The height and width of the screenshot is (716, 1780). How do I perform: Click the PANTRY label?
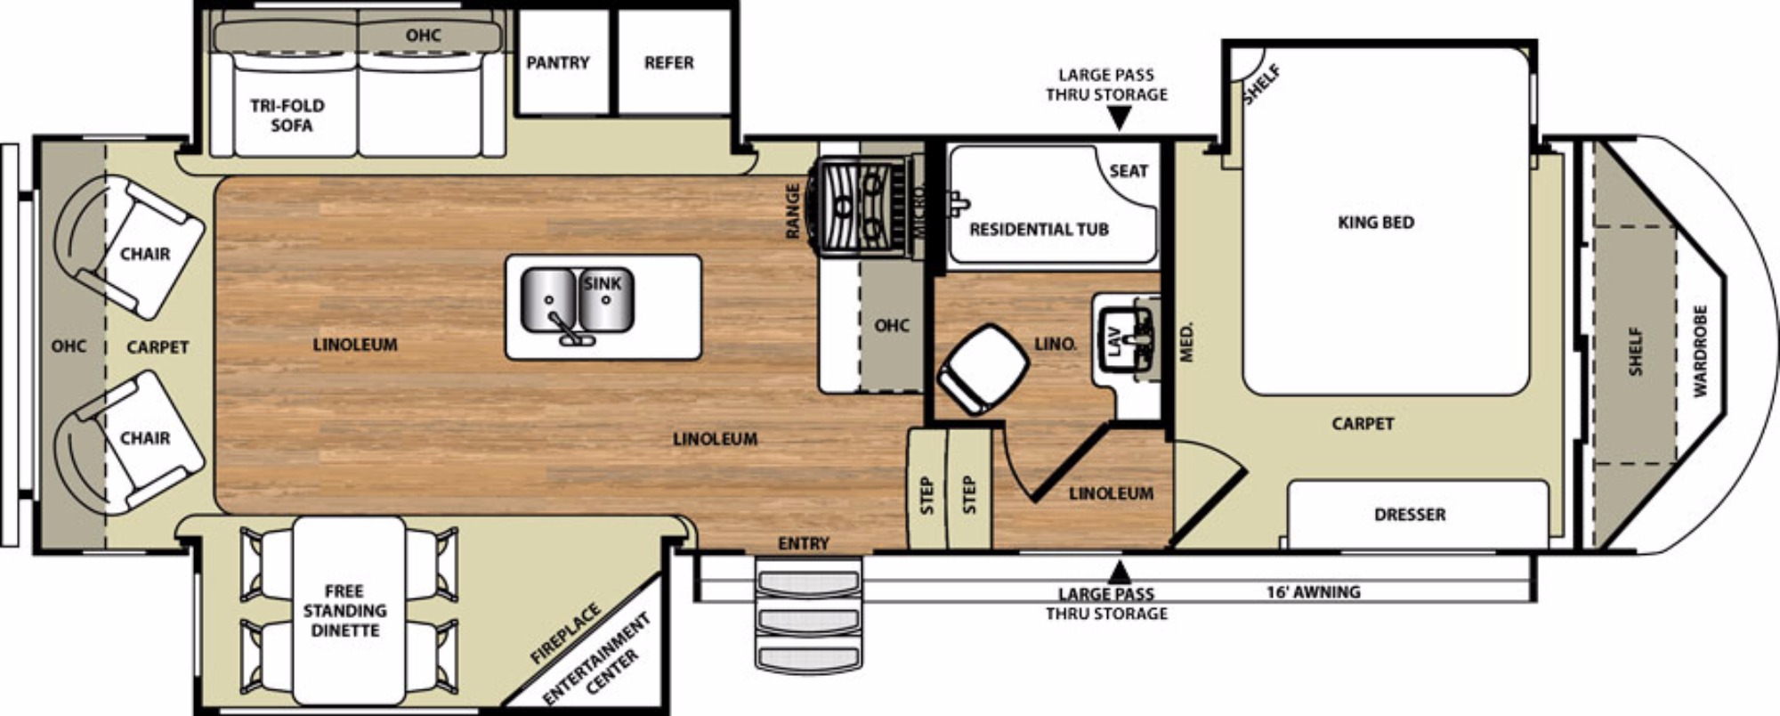tap(558, 62)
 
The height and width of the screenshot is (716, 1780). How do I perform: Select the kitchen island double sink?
tap(577, 302)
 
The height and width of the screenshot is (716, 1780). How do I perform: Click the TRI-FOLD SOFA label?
tap(287, 116)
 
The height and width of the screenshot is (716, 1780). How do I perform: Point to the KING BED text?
tap(1376, 222)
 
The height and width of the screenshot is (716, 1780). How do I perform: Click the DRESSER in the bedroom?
tap(1418, 514)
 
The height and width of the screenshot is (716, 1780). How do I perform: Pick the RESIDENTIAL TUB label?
tap(1039, 230)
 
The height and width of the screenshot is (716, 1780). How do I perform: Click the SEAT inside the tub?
tap(1129, 171)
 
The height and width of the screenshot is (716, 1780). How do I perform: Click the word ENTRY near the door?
tap(804, 543)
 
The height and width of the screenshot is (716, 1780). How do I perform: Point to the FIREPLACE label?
tap(566, 633)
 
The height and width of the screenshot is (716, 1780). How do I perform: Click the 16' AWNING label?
tap(1314, 591)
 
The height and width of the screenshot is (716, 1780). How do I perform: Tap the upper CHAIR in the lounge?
tap(129, 247)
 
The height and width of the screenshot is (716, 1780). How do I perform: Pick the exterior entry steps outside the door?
tap(809, 615)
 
